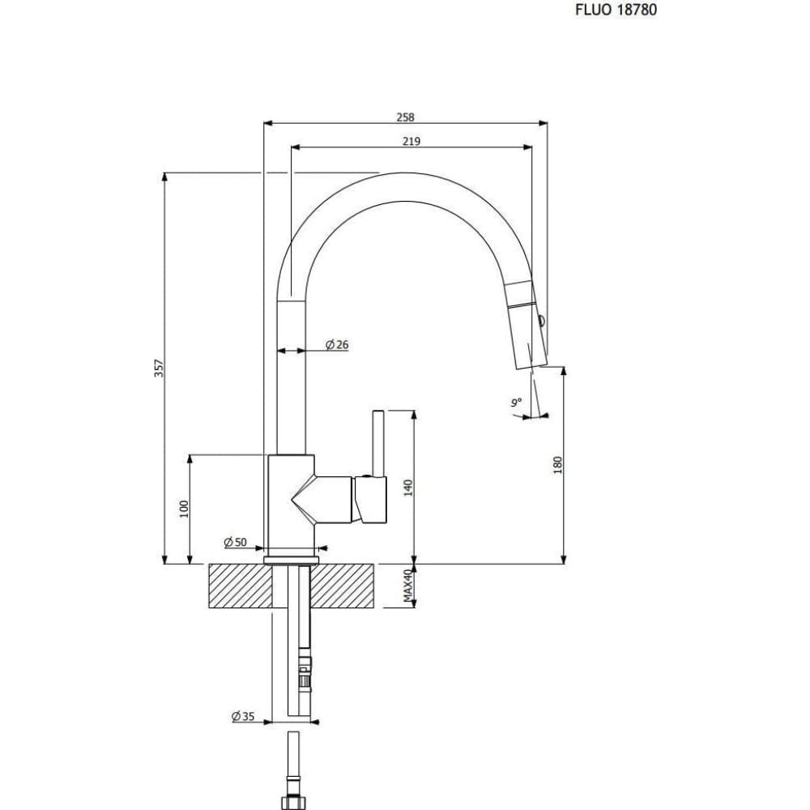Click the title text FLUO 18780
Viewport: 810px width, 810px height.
[x=616, y=10]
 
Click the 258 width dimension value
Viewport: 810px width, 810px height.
[x=406, y=117]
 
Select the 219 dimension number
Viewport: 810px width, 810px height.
[x=411, y=141]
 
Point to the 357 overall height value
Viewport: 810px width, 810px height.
[x=159, y=369]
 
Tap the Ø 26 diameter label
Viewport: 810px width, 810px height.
[x=337, y=344]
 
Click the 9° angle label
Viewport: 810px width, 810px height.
[x=517, y=402]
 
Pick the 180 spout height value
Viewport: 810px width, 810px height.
[x=557, y=466]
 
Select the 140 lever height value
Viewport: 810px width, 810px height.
[x=408, y=488]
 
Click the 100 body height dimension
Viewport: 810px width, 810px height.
[x=184, y=509]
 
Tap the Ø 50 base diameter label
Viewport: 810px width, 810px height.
[x=236, y=543]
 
